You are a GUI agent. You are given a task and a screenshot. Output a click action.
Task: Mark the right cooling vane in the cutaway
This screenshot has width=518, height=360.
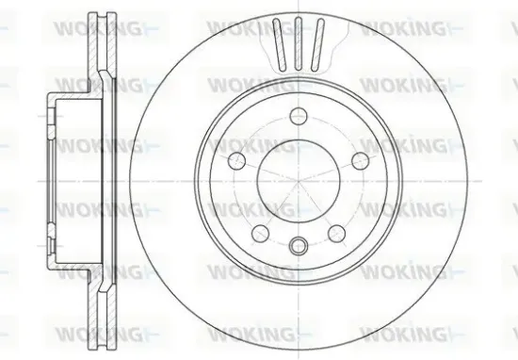(319, 41)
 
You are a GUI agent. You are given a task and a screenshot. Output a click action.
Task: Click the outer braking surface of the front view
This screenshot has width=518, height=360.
(424, 179)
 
